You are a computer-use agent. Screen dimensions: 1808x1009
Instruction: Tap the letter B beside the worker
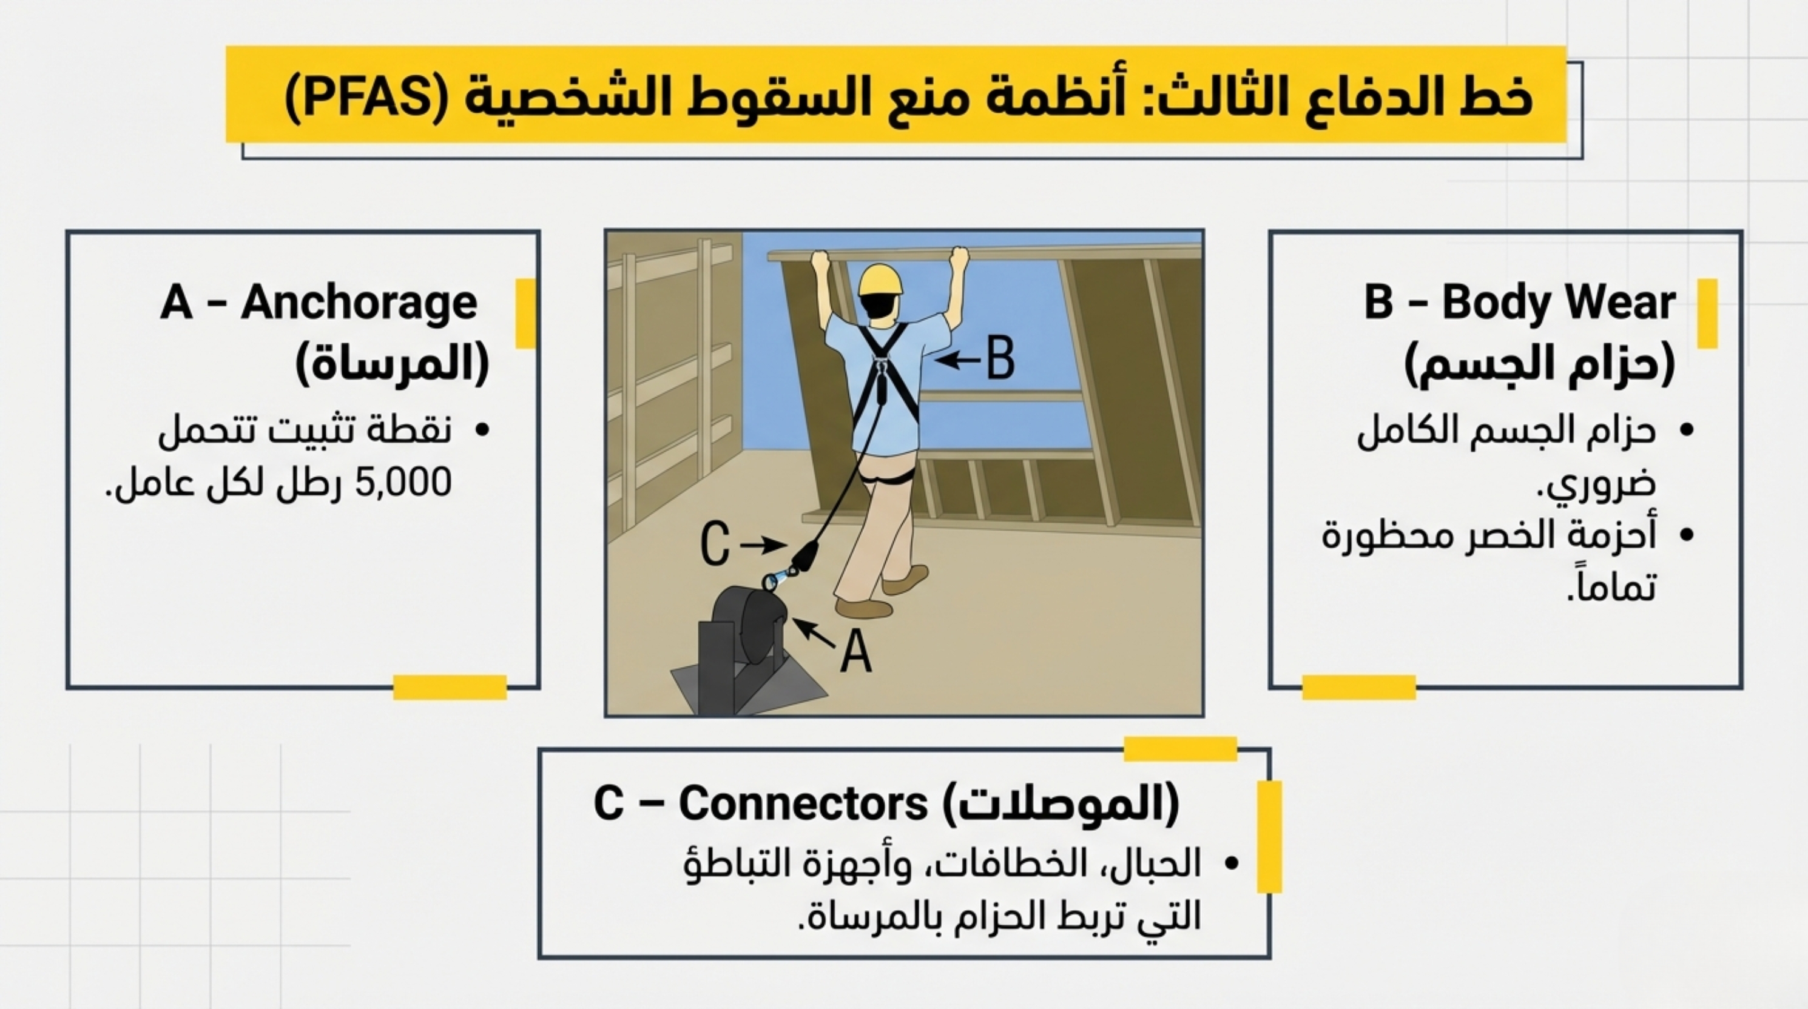[1000, 358]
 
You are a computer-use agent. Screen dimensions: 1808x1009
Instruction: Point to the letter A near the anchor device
[856, 651]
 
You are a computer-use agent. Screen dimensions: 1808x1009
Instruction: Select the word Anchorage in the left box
[359, 303]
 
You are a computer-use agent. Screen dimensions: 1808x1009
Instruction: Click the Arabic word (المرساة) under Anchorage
[393, 363]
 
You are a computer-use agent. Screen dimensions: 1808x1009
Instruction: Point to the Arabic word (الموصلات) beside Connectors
[1060, 804]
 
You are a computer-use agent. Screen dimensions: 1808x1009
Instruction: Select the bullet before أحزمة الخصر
[1687, 535]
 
